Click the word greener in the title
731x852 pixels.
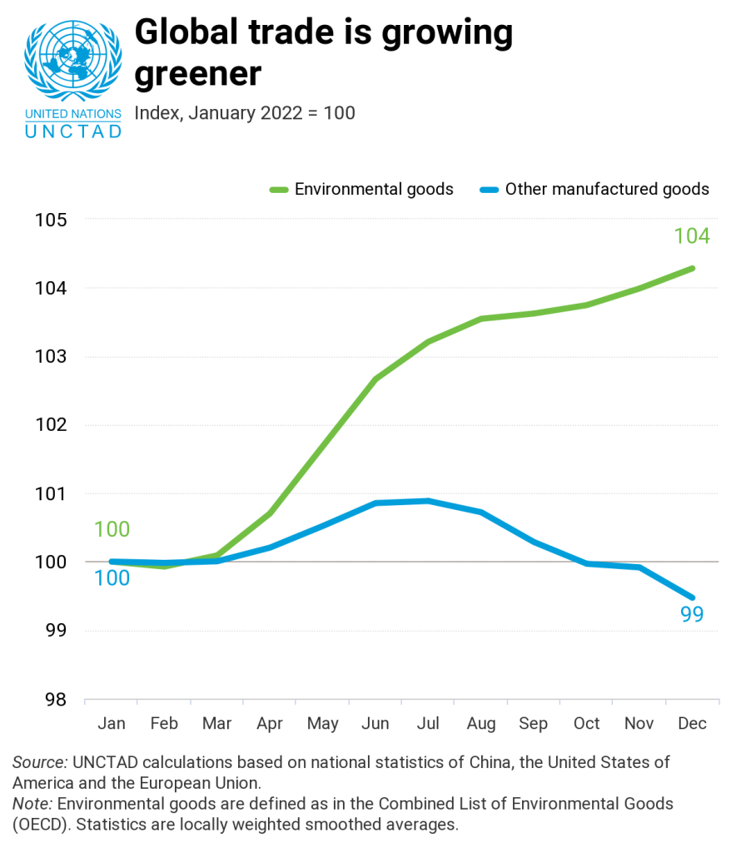(198, 73)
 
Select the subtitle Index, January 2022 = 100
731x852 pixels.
(245, 112)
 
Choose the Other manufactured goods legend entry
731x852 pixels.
(594, 189)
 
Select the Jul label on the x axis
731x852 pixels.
(428, 723)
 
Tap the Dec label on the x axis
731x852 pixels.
(692, 723)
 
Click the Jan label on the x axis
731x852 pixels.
(112, 723)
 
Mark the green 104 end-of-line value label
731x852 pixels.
(691, 236)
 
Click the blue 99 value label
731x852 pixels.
(692, 615)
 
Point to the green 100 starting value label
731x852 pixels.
(112, 529)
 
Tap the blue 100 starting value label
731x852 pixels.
(112, 577)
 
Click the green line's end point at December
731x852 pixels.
(692, 268)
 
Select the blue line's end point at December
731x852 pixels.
(692, 597)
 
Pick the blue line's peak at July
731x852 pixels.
(428, 501)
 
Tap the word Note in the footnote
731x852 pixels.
(31, 804)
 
